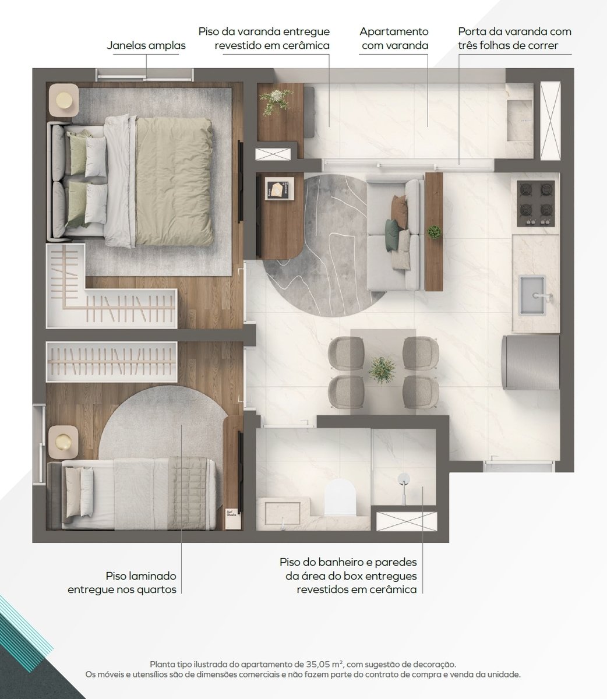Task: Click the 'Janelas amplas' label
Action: [x=146, y=45]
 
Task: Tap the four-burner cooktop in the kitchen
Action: [x=535, y=204]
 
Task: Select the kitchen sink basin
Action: [x=532, y=295]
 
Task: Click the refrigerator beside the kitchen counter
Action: [x=531, y=362]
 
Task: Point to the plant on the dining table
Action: [x=382, y=370]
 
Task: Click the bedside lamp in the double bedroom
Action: [x=64, y=100]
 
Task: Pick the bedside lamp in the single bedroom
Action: [x=63, y=442]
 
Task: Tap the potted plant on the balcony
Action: [x=276, y=100]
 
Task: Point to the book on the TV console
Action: [x=279, y=189]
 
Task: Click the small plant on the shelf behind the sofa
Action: [x=434, y=232]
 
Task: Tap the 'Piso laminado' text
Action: [x=141, y=576]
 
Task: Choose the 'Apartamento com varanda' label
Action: [x=394, y=38]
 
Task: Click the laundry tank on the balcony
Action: [x=520, y=119]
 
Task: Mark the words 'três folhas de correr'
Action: [x=508, y=45]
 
